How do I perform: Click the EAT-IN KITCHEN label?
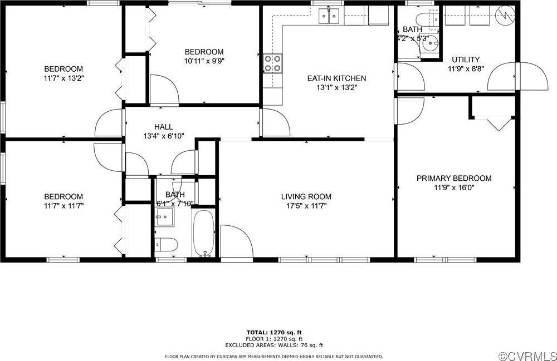tap(336, 78)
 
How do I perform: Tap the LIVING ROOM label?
tap(306, 196)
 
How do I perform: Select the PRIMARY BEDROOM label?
tap(454, 178)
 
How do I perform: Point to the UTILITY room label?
tap(465, 60)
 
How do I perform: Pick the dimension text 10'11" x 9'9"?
tap(204, 61)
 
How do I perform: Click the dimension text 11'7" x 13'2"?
tap(63, 78)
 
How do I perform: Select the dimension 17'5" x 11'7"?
tap(306, 206)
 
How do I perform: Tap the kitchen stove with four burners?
tap(272, 63)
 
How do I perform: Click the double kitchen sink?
tap(329, 18)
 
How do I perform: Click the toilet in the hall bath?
tap(166, 244)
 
